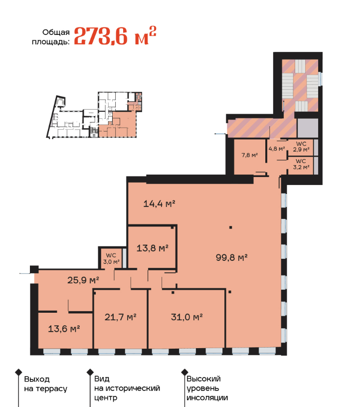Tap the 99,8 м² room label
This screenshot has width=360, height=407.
[x=231, y=257]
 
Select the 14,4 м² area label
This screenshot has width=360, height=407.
[x=160, y=203]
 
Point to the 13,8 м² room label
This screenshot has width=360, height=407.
[x=153, y=248]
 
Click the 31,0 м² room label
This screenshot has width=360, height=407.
[x=187, y=317]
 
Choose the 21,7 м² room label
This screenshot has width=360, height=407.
[x=121, y=317]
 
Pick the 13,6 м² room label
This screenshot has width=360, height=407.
[x=64, y=329]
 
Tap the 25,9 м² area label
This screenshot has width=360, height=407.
[x=83, y=280]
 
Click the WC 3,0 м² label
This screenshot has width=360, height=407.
[x=111, y=258]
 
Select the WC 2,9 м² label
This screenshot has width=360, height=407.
[x=301, y=147]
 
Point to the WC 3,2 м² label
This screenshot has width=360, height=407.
[x=301, y=164]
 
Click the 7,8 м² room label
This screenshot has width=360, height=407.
[x=250, y=155]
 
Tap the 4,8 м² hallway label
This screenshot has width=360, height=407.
[x=277, y=149]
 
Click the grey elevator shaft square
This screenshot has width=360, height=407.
[x=308, y=128]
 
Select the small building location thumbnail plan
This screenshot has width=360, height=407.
[x=94, y=115]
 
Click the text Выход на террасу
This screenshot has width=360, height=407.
[x=46, y=384]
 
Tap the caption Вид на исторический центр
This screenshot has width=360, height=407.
[x=127, y=389]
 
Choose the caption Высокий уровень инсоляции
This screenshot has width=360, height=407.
[x=207, y=389]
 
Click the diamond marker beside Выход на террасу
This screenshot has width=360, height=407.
[x=18, y=372]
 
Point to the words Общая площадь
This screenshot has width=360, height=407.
[x=51, y=37]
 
